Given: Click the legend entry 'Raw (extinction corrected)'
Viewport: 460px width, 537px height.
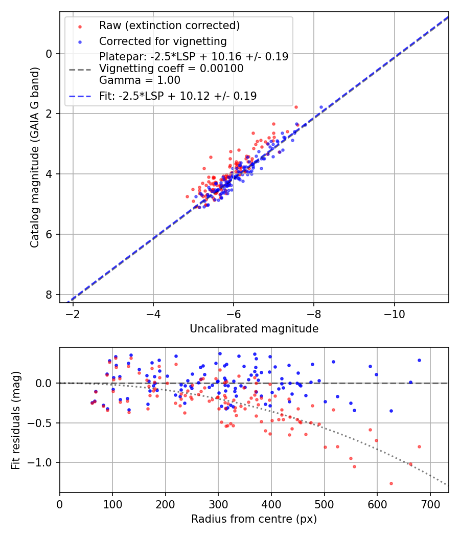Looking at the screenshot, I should pos(169,26).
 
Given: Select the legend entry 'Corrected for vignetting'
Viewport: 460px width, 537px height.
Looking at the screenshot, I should pos(163,41).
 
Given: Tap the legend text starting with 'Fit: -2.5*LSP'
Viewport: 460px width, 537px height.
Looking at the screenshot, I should pos(178,96).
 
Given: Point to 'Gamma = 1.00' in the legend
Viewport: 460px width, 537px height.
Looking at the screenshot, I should pos(140,80).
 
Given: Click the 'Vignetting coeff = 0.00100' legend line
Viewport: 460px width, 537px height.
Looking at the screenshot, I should pos(171,69).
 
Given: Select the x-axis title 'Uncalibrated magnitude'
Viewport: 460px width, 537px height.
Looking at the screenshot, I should pos(254,329).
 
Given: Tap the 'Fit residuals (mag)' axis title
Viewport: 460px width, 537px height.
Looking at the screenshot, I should pos(16,420).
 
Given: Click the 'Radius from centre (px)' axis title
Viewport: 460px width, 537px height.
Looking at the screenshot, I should pos(254,519).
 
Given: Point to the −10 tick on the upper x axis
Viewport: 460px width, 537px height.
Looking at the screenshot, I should pos(394,313).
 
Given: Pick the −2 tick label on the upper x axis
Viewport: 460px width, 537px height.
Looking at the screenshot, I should pos(73,313).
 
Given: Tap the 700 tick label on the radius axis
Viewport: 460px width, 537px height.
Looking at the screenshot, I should pos(430,503).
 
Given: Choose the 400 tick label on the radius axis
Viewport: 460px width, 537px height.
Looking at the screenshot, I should pos(271,503).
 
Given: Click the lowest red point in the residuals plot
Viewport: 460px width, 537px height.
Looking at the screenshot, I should pos(391,483).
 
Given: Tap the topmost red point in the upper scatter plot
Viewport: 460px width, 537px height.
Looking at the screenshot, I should pos(296,107).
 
